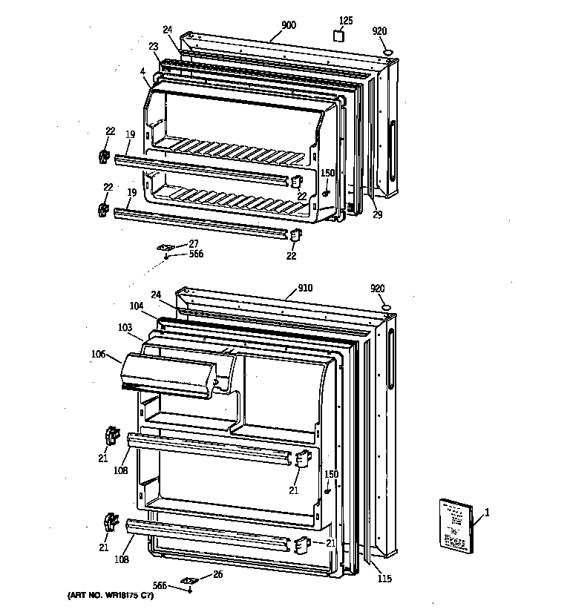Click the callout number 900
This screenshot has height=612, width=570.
coord(289,25)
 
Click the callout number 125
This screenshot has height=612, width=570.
coord(346,20)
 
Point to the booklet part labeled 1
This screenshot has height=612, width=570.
coord(453,525)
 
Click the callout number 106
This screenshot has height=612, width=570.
coord(99,354)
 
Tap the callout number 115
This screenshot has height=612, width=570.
coord(384,579)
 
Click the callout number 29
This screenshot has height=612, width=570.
coord(377,214)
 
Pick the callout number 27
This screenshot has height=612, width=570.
coord(193,243)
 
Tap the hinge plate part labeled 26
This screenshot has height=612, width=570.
coord(189,581)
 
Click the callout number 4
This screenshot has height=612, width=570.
coord(142,71)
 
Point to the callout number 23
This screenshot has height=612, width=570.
coord(153,46)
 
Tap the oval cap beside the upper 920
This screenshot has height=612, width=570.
coord(387,51)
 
